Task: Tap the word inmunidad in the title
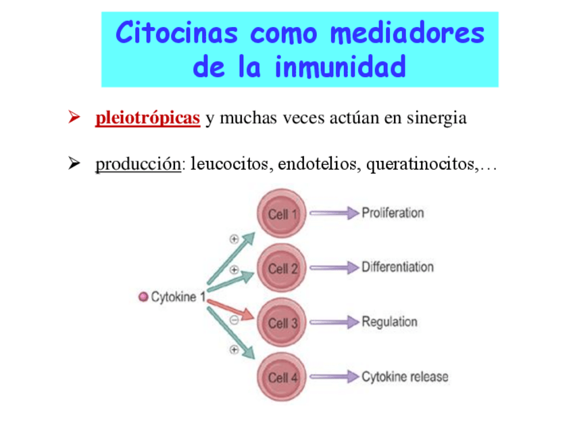tap(341, 67)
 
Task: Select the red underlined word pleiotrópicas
tap(147, 118)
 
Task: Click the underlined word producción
tap(138, 164)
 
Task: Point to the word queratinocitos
tap(421, 164)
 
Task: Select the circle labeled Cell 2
tap(282, 268)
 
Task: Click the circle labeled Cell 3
tap(282, 322)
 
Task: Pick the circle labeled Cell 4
tap(282, 377)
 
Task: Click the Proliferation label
tap(393, 213)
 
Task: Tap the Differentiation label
tap(397, 267)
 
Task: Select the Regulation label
tap(389, 322)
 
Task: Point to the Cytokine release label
tap(405, 377)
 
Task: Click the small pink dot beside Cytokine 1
tap(143, 297)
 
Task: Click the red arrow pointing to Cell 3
tap(232, 308)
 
